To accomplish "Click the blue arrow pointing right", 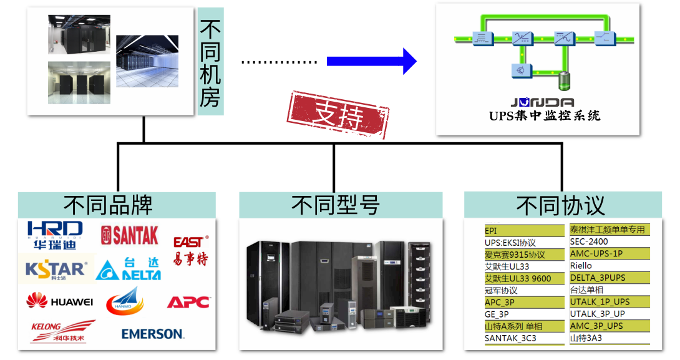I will pos(371,61).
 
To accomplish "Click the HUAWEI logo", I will pos(60,301).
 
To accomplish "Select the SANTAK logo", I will pos(130,235).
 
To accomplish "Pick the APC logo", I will pos(188,302).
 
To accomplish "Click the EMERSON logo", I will pos(152,334).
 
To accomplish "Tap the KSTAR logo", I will pos(56,269).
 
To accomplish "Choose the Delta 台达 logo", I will pos(129,269).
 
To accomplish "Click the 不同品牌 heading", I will pos(117,205).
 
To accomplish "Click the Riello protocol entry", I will pos(581,266).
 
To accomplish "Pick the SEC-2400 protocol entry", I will pos(589,241).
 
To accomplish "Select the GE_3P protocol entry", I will pos(497,314).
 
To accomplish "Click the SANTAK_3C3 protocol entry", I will pos(510,338).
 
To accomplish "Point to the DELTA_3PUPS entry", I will pos(598,278).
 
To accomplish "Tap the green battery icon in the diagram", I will pos(563,80).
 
